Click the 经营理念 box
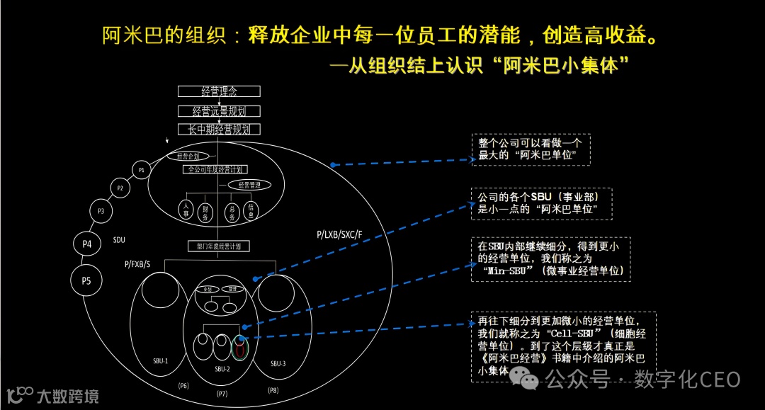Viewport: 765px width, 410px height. coord(219,91)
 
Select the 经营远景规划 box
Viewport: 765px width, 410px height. coord(219,111)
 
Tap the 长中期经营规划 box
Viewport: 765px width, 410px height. coord(219,130)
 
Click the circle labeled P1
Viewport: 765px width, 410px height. coord(142,170)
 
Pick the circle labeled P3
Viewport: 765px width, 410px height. coord(101,211)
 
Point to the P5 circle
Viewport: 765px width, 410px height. coord(86,280)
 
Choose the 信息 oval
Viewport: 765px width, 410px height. coord(251,210)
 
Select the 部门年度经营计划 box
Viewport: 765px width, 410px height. coord(219,246)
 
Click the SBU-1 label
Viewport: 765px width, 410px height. coord(160,361)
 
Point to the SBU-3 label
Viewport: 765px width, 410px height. coord(278,363)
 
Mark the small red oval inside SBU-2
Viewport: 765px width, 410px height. coord(242,348)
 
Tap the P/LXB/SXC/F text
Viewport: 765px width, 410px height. coord(339,234)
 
